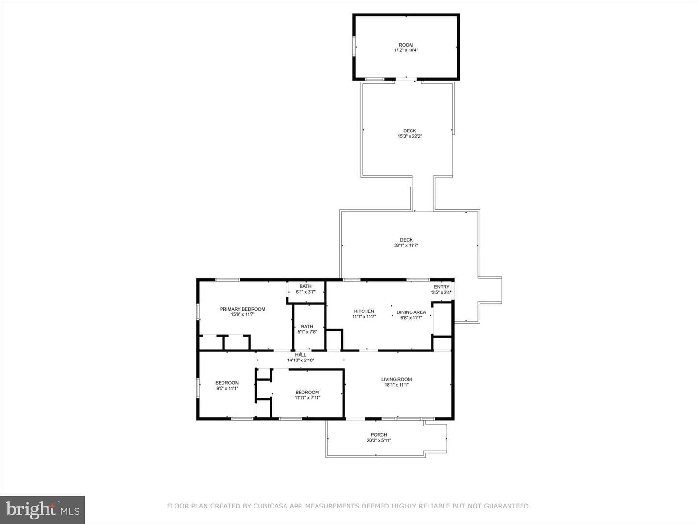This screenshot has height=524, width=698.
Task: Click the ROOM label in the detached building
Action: tap(406, 45)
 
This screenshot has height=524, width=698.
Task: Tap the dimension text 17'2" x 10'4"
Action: tap(406, 50)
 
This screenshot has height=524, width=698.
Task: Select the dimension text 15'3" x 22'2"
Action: tap(410, 136)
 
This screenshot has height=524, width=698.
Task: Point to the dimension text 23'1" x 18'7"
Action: tap(406, 246)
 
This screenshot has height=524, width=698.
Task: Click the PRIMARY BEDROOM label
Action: tap(242, 309)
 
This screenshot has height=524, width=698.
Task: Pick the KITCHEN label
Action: tap(364, 311)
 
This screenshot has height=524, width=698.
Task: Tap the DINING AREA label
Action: tap(411, 312)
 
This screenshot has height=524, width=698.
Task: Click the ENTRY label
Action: tap(442, 287)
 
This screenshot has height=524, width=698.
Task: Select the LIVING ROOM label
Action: tap(396, 379)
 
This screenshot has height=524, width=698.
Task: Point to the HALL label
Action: tap(301, 355)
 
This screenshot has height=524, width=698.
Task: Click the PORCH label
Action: tap(379, 435)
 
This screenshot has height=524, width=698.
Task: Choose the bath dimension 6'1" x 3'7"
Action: tap(305, 292)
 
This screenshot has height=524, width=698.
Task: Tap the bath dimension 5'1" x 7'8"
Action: tap(307, 332)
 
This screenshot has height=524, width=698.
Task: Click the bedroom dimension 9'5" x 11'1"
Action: tap(227, 388)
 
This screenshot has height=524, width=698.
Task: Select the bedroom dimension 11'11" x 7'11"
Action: tap(307, 398)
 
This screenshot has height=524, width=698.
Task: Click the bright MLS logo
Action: tap(43, 510)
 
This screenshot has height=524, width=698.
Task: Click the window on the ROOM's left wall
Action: tap(354, 47)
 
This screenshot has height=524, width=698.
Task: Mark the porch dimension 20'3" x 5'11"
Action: tap(379, 441)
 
